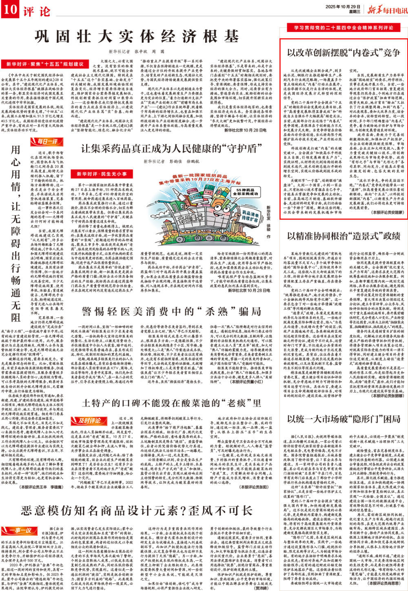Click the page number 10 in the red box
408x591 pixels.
[10, 9]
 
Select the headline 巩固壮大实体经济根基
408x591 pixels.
[137, 36]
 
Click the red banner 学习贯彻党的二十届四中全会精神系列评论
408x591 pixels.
[343, 28]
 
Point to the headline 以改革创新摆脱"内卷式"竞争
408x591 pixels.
[344, 53]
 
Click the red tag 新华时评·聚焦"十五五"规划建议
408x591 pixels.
[45, 64]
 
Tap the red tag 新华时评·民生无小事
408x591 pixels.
[99, 174]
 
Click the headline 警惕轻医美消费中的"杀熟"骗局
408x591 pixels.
[171, 311]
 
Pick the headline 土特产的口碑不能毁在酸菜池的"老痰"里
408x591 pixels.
[171, 403]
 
